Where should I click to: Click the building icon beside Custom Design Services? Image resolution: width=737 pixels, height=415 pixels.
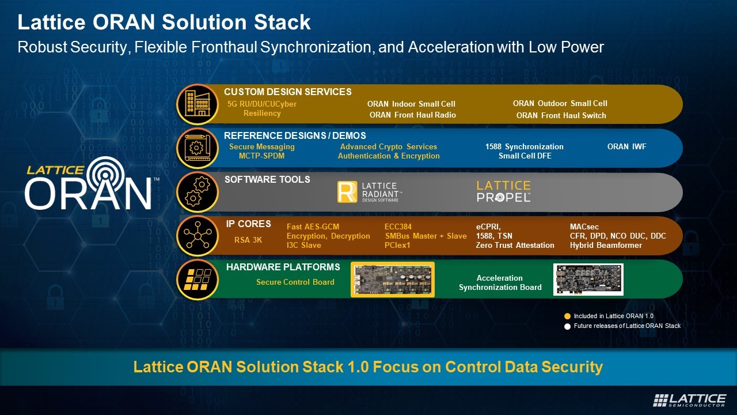tap(197, 104)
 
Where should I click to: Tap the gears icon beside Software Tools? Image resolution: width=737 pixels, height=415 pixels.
tap(197, 192)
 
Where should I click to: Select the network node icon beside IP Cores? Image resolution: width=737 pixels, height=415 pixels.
tap(197, 236)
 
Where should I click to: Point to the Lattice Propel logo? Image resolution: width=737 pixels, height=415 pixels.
tap(503, 191)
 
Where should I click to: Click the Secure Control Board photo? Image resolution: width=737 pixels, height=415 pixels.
tap(393, 280)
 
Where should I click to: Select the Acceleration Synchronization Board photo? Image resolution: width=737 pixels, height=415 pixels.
tap(588, 280)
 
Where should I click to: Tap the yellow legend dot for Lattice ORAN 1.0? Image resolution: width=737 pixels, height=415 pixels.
tap(567, 316)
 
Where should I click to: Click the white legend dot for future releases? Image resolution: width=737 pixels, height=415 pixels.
tap(567, 326)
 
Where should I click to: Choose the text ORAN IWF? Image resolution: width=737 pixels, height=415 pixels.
tap(626, 146)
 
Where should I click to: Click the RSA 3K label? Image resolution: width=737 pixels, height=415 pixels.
tap(248, 240)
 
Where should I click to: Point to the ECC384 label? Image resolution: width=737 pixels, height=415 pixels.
tap(398, 227)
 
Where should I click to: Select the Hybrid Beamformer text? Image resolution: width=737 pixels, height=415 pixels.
tap(606, 246)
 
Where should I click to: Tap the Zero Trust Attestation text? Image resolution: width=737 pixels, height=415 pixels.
tap(515, 246)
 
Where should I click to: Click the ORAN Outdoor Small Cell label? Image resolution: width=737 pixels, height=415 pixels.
tap(560, 104)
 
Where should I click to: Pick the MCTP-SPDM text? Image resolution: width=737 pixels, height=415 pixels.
tap(261, 156)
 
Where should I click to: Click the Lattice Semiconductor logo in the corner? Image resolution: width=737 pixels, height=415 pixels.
tap(689, 400)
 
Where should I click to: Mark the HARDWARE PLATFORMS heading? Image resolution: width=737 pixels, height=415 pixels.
tap(283, 267)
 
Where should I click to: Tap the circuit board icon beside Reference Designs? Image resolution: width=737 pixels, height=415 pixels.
tap(197, 148)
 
